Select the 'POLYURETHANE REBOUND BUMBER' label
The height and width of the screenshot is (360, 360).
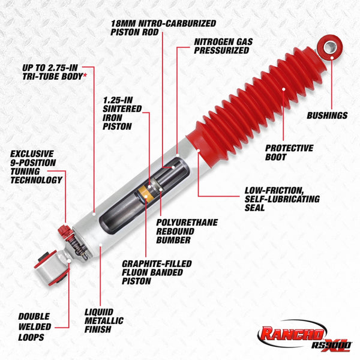pyautogui.click(x=187, y=231)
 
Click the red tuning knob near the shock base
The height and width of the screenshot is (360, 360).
pyautogui.click(x=62, y=230)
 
